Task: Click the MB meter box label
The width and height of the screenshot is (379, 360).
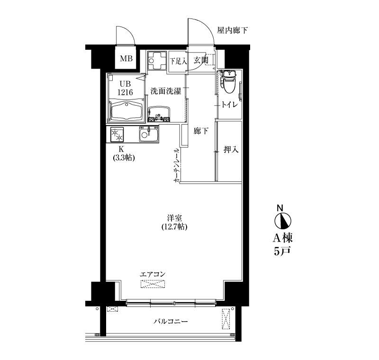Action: click(126, 58)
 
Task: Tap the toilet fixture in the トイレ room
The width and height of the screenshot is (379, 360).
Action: click(228, 81)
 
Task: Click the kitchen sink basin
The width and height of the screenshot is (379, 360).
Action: click(148, 134)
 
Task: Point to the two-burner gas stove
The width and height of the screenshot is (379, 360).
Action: click(117, 135)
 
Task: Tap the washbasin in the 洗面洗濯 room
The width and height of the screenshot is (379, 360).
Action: click(159, 114)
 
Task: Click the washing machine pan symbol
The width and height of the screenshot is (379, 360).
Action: click(157, 61)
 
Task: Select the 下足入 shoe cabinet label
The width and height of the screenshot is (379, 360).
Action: click(178, 61)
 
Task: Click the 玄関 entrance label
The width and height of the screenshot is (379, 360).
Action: click(201, 60)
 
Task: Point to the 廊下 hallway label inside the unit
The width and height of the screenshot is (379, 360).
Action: click(201, 131)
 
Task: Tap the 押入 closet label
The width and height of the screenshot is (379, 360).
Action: click(231, 150)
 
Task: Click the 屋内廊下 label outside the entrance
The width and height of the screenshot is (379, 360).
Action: click(232, 30)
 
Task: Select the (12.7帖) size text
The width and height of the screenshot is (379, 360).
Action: click(174, 227)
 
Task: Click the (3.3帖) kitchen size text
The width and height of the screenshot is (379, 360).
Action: click(124, 158)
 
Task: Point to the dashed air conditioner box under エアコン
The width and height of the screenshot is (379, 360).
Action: click(153, 284)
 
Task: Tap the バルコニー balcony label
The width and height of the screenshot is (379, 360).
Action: click(171, 321)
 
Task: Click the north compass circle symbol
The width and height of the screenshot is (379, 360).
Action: click(283, 221)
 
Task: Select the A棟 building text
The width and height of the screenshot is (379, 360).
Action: click(283, 238)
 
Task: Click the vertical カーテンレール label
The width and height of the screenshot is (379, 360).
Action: click(177, 165)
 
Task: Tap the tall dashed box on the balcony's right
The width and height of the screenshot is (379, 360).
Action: click(226, 319)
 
